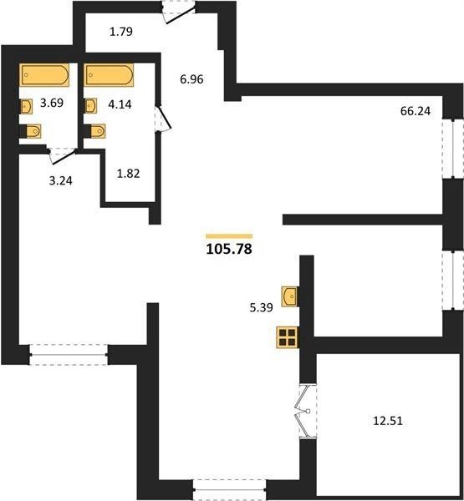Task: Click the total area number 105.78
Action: pos(229,249)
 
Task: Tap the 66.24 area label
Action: pos(416,111)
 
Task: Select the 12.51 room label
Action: pos(388,421)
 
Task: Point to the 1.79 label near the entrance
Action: pos(121,32)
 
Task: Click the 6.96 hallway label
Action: pos(191,79)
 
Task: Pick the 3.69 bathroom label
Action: pos(52,103)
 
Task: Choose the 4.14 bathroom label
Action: pos(120,104)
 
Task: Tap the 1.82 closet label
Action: pos(128,174)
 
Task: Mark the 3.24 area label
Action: pos(61,181)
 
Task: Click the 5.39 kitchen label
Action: pos(261,307)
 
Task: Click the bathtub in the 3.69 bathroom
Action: pos(45,75)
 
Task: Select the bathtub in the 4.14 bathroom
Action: pos(110,75)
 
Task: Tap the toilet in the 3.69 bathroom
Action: pos(30,131)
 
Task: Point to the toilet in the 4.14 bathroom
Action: pos(94,131)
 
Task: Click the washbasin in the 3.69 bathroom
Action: pos(26,106)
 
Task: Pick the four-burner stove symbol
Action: pos(288,337)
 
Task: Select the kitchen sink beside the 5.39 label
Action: pos(290,296)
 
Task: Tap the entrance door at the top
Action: pos(179,13)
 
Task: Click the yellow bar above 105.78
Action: pos(229,236)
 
